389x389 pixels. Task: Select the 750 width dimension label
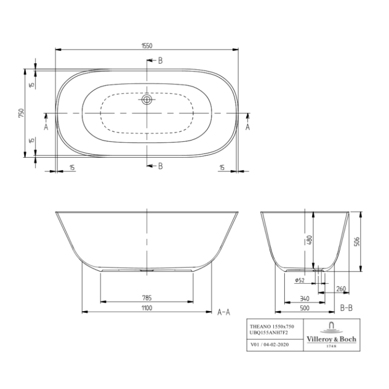click(21, 113)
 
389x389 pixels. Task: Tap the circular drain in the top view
click(147, 99)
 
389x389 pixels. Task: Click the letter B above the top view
click(160, 61)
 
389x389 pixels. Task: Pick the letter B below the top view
click(160, 166)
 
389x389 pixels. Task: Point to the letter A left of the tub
click(46, 127)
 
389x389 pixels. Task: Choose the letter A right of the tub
click(248, 127)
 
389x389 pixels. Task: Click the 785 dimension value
click(146, 297)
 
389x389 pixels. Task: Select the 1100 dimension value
click(146, 308)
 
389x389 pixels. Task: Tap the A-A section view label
click(224, 312)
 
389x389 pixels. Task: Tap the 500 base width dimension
click(305, 308)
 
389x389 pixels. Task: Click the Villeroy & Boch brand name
click(331, 339)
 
